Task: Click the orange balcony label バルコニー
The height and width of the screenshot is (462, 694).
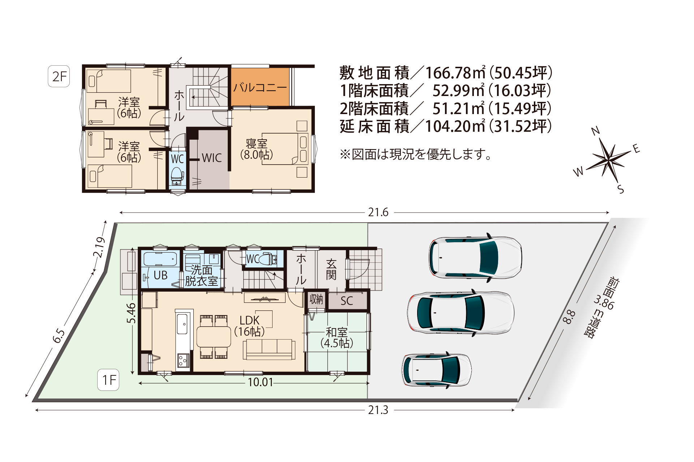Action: (x=260, y=88)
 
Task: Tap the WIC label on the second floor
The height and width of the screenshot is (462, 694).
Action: (x=212, y=158)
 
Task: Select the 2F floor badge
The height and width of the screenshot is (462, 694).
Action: (x=59, y=77)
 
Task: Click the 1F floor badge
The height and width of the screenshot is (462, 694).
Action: (x=108, y=380)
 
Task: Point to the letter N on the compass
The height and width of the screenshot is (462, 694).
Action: (x=595, y=131)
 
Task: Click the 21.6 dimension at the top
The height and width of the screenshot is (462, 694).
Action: (x=378, y=213)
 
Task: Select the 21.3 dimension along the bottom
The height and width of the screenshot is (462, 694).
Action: (x=378, y=410)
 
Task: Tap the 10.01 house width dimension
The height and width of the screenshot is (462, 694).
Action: (x=260, y=382)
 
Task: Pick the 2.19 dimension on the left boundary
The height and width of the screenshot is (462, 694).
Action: (x=99, y=247)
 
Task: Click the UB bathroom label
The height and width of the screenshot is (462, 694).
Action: (x=160, y=275)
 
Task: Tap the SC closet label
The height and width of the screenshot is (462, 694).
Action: (x=347, y=301)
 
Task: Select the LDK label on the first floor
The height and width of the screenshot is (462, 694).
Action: (x=249, y=321)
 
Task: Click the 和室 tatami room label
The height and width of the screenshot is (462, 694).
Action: (x=337, y=332)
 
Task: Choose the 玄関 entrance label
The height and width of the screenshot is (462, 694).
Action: (x=331, y=270)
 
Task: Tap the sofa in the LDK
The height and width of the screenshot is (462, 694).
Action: (x=269, y=349)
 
